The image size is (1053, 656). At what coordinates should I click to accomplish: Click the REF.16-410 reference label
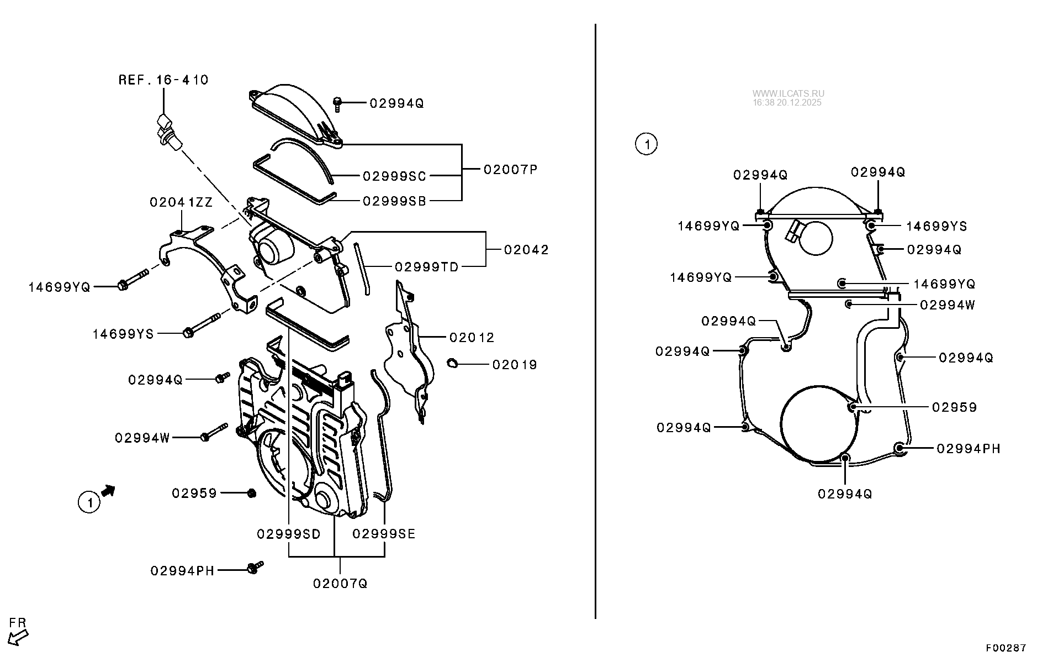163,80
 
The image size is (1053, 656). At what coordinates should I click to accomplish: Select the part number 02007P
510,169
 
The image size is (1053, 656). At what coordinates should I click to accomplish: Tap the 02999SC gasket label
394,176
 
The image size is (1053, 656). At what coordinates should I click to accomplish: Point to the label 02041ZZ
181,202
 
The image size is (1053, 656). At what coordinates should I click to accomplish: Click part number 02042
526,250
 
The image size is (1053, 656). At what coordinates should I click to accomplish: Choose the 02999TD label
426,267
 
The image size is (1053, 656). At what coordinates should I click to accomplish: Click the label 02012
472,338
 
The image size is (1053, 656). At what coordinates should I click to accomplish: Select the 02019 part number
515,365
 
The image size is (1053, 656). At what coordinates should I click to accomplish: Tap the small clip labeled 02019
451,363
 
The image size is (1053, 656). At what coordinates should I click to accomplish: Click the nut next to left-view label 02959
251,493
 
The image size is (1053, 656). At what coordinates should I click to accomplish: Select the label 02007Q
340,584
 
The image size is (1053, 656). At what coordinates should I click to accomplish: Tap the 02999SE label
384,534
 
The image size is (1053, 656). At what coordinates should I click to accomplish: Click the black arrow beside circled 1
108,490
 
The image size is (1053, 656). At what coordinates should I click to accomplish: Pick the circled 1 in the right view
646,144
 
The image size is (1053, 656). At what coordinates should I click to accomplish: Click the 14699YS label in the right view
936,226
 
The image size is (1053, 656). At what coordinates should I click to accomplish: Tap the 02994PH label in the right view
969,449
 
